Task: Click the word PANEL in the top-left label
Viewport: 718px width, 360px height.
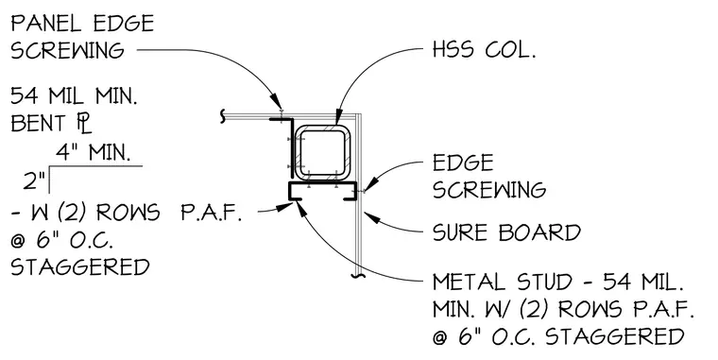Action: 47,23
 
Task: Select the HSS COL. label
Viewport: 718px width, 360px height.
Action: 484,49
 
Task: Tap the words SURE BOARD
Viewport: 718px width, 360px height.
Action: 506,232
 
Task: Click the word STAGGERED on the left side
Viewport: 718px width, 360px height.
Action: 80,267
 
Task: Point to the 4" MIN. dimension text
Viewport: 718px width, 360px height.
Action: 93,152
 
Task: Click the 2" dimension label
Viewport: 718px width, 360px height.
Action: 34,181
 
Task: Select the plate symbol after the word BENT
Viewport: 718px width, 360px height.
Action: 84,124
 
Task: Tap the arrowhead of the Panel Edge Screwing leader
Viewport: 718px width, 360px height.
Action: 276,102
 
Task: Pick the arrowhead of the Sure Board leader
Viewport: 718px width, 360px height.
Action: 371,217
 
